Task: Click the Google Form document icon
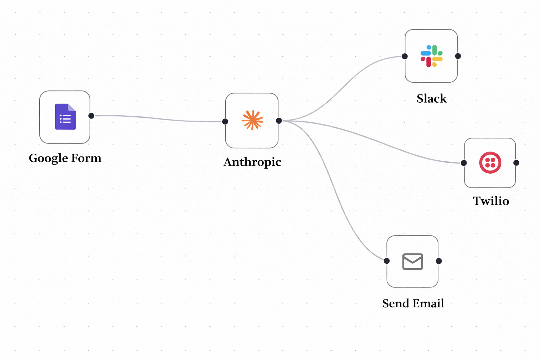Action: [x=65, y=117]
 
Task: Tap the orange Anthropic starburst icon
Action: [x=252, y=120]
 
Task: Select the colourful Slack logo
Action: [x=431, y=56]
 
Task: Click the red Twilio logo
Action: [x=490, y=163]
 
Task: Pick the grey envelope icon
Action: [x=412, y=262]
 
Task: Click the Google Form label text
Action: [x=65, y=158]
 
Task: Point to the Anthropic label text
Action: [x=252, y=162]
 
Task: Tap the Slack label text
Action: [x=432, y=98]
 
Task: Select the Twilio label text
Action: [x=491, y=201]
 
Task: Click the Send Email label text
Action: [x=413, y=303]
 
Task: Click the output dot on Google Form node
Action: [x=91, y=116]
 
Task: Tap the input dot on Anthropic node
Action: [x=225, y=122]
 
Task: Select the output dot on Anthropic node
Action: [x=279, y=121]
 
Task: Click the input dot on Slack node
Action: [x=405, y=56]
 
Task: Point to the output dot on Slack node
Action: [x=458, y=56]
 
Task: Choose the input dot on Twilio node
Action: [x=464, y=163]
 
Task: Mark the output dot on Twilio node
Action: [x=516, y=163]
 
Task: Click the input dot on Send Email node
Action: [x=387, y=261]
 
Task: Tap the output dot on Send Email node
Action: [x=439, y=261]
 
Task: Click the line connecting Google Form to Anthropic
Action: [x=158, y=119]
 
